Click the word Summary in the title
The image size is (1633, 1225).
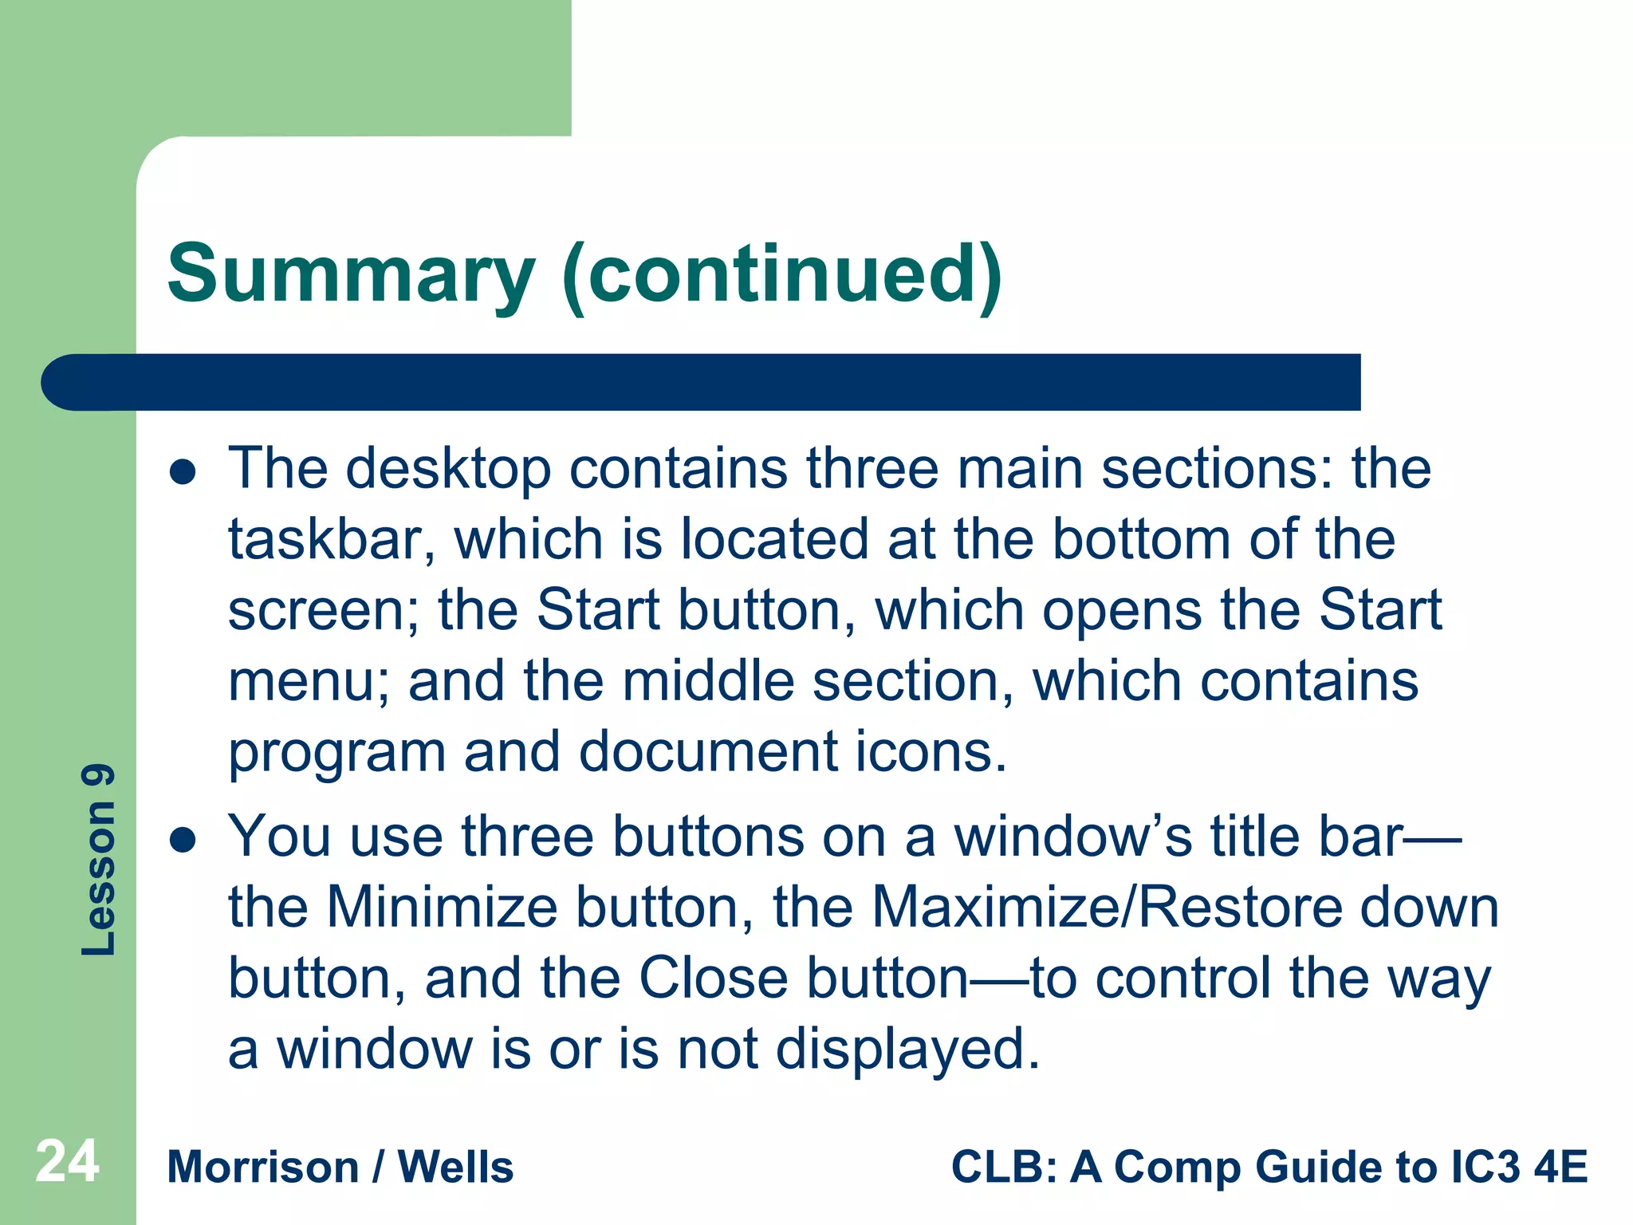pyautogui.click(x=351, y=275)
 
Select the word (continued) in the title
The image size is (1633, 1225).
pyautogui.click(x=781, y=275)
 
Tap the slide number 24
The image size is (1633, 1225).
pyautogui.click(x=67, y=1161)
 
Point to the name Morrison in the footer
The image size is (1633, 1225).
pyautogui.click(x=263, y=1167)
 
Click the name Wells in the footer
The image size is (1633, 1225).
pyautogui.click(x=455, y=1167)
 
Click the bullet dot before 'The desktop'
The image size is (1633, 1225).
pyautogui.click(x=183, y=471)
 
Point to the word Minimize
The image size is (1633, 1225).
pyautogui.click(x=442, y=908)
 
